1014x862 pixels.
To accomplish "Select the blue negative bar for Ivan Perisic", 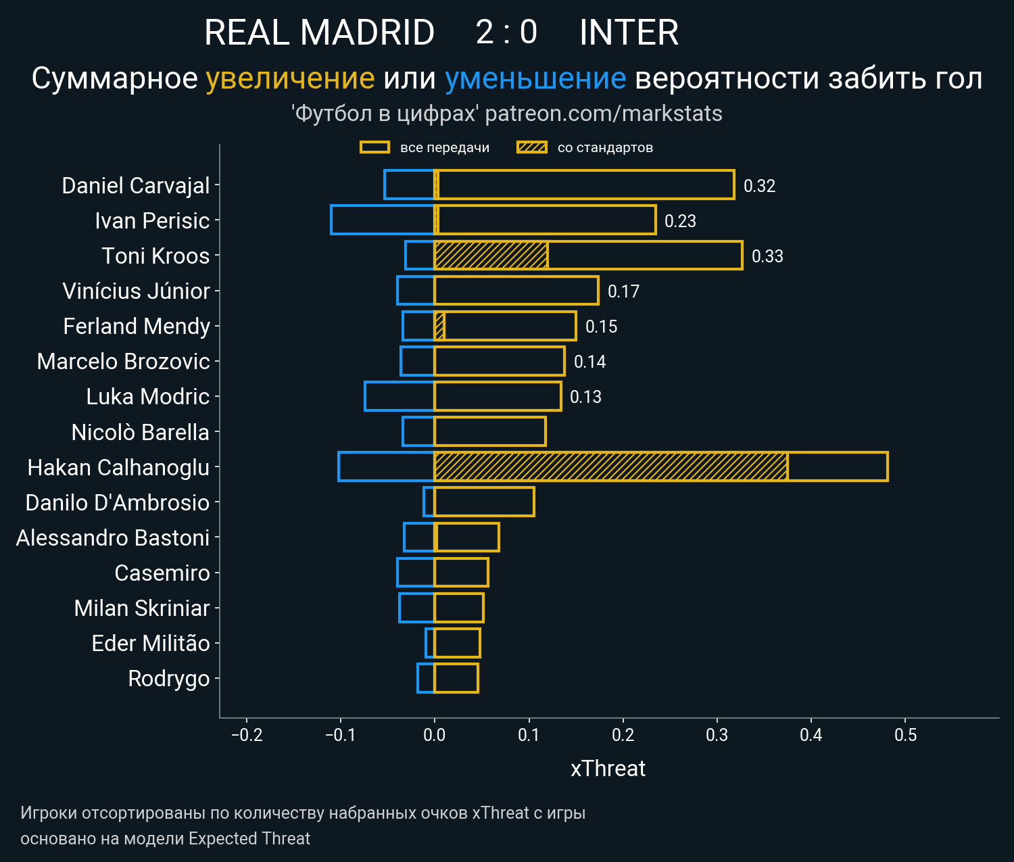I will click(383, 220).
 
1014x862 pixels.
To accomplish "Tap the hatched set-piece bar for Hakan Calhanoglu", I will click(610, 466).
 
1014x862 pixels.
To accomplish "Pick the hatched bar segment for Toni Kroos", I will click(491, 256).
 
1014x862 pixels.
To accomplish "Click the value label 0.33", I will click(767, 256).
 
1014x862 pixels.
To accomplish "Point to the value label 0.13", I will click(585, 397).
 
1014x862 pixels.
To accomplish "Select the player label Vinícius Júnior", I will click(136, 291).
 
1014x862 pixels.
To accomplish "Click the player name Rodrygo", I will click(169, 678).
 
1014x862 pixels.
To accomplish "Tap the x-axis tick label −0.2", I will click(247, 735).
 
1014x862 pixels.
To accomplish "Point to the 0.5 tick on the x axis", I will click(905, 735).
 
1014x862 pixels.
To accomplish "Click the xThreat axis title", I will click(608, 769).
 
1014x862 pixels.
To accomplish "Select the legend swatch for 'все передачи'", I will click(375, 147).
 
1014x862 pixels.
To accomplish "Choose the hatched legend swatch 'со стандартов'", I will click(531, 147).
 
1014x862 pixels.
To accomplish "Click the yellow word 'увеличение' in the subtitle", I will click(290, 79).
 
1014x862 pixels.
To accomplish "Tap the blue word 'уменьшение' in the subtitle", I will click(535, 79).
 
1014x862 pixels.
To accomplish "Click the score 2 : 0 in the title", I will click(506, 32).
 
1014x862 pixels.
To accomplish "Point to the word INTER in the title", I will click(629, 32).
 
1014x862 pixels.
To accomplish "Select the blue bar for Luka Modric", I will click(400, 396).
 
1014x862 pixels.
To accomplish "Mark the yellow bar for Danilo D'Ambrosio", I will click(484, 502).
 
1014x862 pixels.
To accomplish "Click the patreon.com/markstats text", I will click(604, 114).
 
